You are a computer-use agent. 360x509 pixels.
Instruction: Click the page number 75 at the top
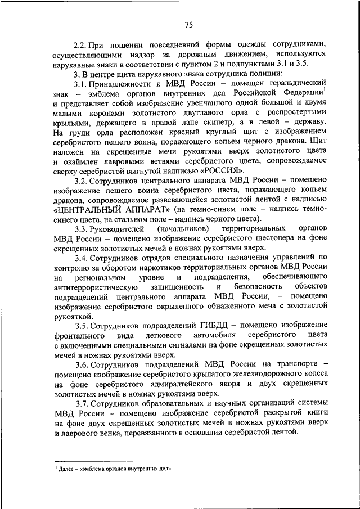[x=188, y=24]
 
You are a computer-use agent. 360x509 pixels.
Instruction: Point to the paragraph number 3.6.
[x=82, y=364]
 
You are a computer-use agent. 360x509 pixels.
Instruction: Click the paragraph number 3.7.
[x=82, y=404]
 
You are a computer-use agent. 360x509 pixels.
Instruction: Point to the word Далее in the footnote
[x=69, y=468]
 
